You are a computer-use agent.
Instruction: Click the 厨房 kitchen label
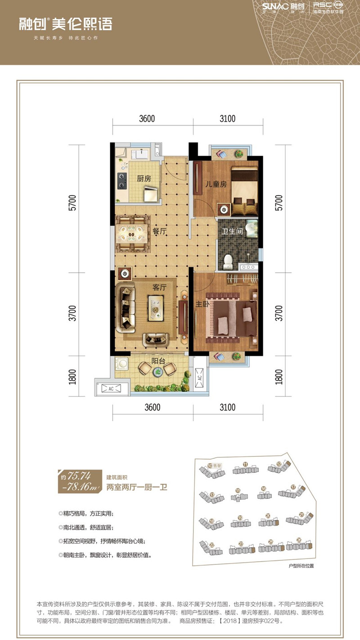coord(144,178)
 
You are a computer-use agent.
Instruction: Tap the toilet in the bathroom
coord(228,260)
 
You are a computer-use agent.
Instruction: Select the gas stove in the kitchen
coord(122,180)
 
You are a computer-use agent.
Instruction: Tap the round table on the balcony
coord(157,371)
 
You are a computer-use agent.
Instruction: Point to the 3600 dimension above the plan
coord(147,119)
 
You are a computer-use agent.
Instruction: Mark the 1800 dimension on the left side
coord(73,377)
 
